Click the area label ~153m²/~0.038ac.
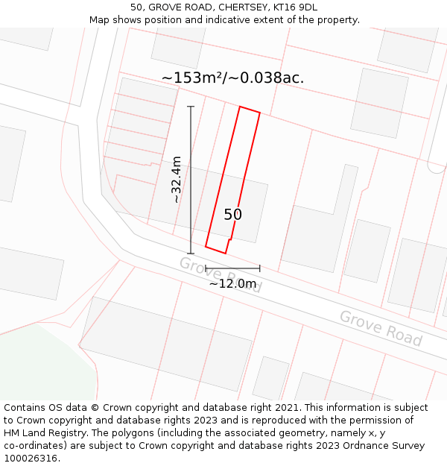232,78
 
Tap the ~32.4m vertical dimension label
177,180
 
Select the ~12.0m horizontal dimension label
232,283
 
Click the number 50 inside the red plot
232,215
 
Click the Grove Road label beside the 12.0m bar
220,274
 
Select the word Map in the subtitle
100,19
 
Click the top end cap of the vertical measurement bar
191,107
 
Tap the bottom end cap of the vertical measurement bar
191,254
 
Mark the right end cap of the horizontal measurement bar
260,268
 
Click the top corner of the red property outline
240,107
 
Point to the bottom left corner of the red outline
206,248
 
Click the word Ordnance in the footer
364,446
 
